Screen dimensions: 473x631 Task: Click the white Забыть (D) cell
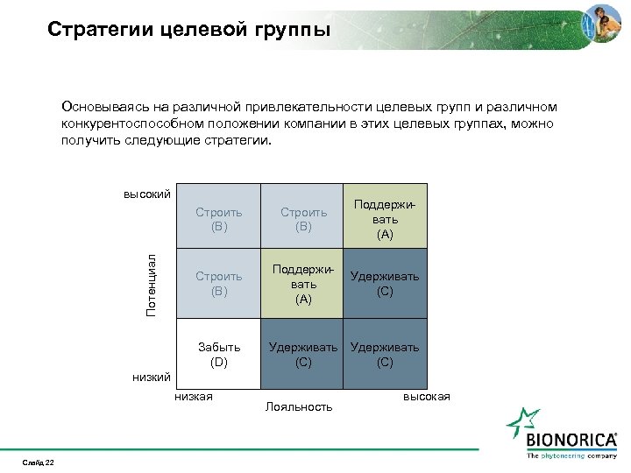[219, 355]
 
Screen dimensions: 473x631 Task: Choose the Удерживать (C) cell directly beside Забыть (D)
[303, 355]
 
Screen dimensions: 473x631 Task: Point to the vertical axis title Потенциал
[151, 285]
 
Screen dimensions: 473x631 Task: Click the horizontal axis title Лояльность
[299, 406]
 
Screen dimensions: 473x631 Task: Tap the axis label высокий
[146, 194]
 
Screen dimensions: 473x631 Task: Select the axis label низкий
[151, 377]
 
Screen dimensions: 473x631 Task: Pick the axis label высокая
[426, 397]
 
